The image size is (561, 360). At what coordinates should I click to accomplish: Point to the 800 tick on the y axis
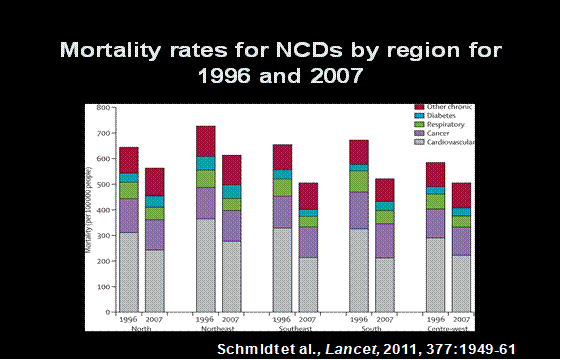coord(103,107)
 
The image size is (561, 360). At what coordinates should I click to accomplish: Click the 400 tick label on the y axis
coord(103,210)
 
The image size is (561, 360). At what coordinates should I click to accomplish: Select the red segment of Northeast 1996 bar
coord(206,141)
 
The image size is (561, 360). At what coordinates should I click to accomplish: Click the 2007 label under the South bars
coord(383,320)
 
